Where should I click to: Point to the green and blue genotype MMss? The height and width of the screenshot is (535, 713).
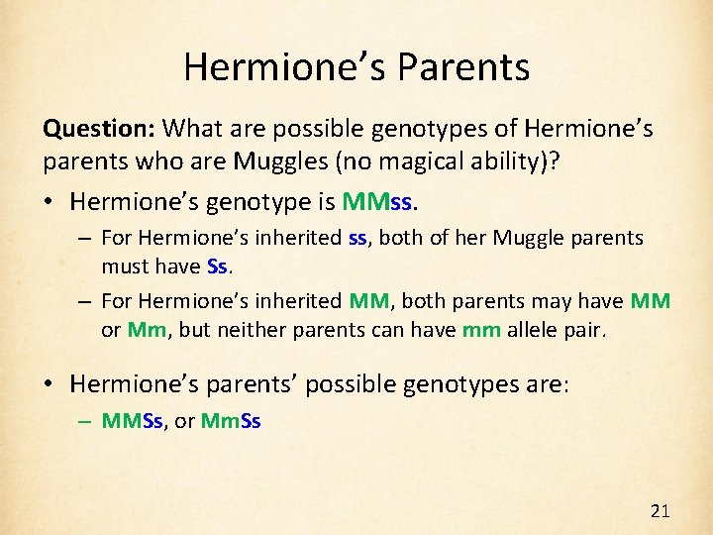click(x=380, y=202)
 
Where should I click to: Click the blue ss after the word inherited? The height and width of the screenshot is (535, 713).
click(x=357, y=238)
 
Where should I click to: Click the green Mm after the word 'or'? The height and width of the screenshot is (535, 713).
click(x=146, y=330)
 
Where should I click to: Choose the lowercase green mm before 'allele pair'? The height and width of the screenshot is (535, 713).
click(x=480, y=330)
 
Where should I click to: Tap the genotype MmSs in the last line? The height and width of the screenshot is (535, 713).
click(x=230, y=420)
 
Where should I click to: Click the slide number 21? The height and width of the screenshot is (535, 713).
click(x=660, y=511)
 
